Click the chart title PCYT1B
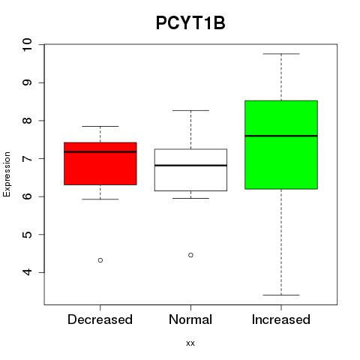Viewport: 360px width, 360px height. (x=190, y=23)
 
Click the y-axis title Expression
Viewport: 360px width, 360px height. (x=7, y=174)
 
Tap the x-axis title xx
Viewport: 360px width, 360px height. (x=190, y=343)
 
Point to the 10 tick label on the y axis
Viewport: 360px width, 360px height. (x=28, y=45)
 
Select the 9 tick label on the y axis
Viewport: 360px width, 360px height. (x=28, y=82)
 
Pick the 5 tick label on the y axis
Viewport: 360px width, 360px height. (x=28, y=235)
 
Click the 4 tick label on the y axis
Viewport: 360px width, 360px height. (x=28, y=272)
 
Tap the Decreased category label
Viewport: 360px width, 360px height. (x=100, y=319)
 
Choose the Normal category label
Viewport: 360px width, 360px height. (x=190, y=319)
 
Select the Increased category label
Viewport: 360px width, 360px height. (x=281, y=319)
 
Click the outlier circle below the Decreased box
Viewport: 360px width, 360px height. (x=100, y=260)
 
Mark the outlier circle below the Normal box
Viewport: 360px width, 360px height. (x=190, y=255)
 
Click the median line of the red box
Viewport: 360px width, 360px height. (x=100, y=151)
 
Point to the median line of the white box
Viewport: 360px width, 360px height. (x=190, y=165)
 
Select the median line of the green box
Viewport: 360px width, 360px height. (x=281, y=136)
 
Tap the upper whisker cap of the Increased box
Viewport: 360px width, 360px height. (x=281, y=54)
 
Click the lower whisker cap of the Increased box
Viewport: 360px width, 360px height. (x=281, y=295)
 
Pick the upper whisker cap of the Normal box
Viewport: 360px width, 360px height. (x=190, y=110)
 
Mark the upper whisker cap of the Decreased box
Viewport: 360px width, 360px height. (x=100, y=126)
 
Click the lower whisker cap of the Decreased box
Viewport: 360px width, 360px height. (x=100, y=199)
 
